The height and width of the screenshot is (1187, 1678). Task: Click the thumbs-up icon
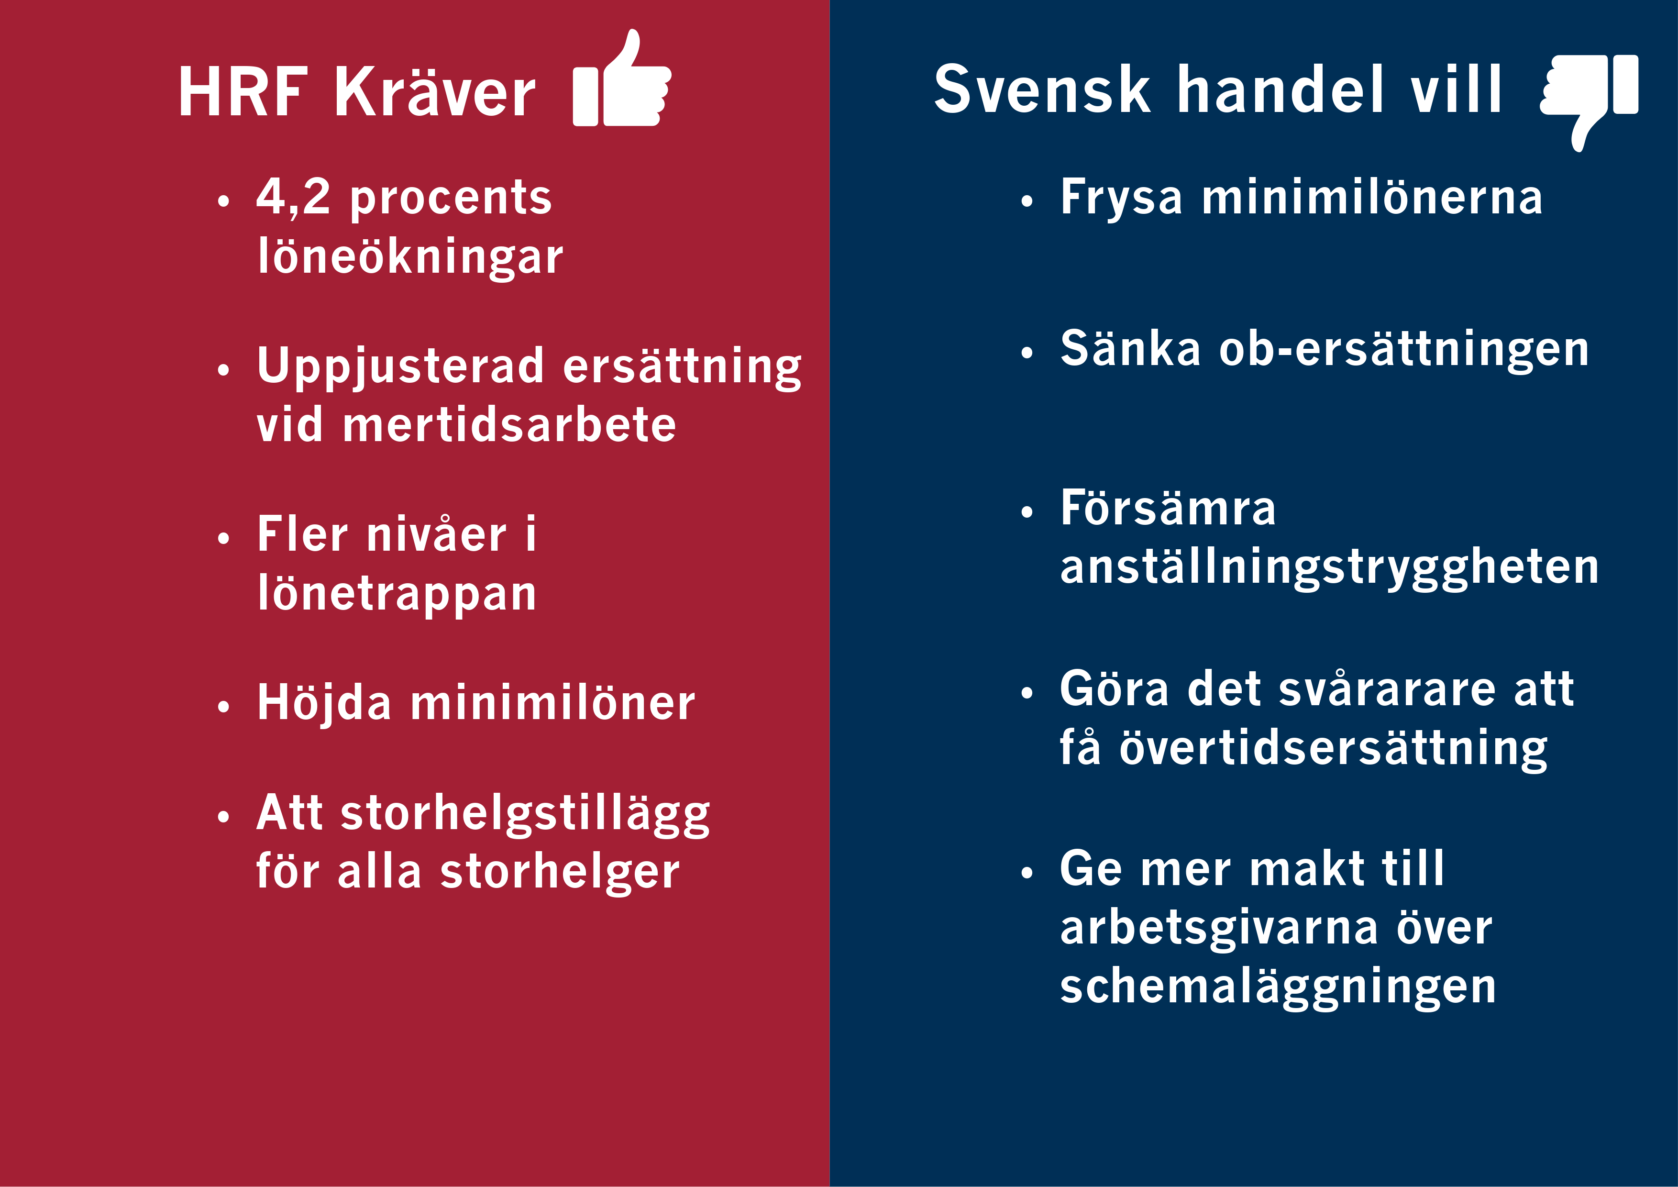coord(622,78)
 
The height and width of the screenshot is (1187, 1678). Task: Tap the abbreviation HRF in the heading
coord(243,92)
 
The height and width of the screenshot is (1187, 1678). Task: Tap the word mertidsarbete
coord(509,425)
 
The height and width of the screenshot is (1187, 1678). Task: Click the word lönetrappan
coord(397,593)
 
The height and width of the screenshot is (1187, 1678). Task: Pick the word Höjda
coord(324,702)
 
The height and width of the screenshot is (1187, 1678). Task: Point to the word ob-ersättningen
coord(1404,349)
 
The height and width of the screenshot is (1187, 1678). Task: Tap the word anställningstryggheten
coord(1329,567)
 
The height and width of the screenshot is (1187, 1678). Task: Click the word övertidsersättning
coord(1333,748)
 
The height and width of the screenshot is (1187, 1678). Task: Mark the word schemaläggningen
coord(1278,987)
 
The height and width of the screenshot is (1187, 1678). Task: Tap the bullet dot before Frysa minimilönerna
coord(1027,201)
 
